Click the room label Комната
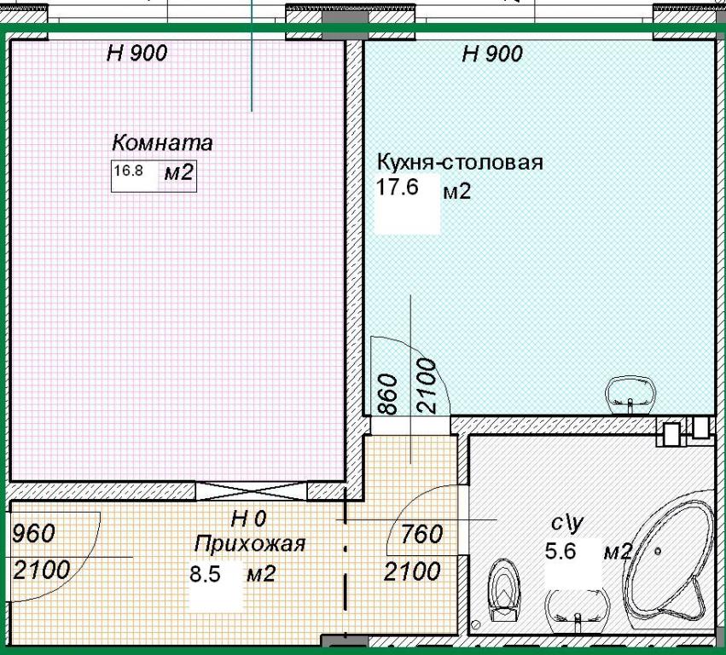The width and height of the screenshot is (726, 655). click(162, 142)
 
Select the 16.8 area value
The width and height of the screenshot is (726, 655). click(128, 171)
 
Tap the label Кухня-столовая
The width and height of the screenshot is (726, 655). click(460, 163)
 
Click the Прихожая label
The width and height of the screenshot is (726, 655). click(250, 544)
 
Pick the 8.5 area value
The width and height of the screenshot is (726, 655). click(205, 575)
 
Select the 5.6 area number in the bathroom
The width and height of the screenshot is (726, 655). click(560, 551)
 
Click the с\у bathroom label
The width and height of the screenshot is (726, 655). click(566, 523)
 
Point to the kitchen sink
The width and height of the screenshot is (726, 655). click(630, 395)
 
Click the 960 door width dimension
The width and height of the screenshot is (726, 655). click(33, 534)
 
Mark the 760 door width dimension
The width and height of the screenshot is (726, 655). click(421, 534)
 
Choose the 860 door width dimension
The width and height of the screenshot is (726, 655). click(388, 394)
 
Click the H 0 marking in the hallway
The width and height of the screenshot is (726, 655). click(248, 519)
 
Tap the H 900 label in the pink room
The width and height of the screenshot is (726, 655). click(136, 53)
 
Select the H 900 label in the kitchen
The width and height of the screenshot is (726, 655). click(492, 55)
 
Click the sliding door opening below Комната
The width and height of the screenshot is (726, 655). click(252, 491)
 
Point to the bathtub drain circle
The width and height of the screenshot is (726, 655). click(658, 551)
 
